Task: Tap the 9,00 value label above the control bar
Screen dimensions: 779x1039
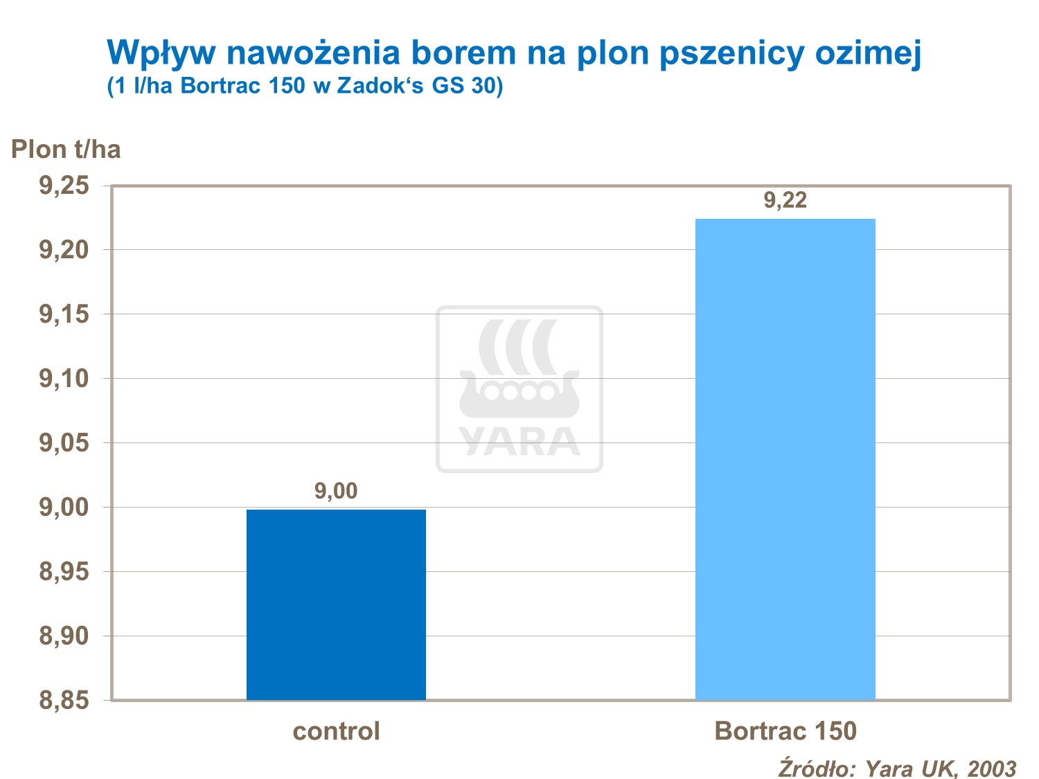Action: [x=336, y=491]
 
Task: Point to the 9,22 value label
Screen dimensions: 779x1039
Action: [x=785, y=200]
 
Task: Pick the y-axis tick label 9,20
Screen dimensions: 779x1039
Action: [x=64, y=250]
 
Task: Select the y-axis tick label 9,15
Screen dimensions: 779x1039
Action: [x=64, y=314]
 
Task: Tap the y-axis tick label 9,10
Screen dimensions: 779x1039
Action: [x=64, y=379]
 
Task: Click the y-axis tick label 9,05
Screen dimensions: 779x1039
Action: [x=64, y=443]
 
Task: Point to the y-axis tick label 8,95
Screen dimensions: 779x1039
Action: [x=64, y=572]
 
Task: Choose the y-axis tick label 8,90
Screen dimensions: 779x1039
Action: [x=64, y=636]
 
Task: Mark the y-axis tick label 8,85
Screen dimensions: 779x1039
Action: [x=64, y=701]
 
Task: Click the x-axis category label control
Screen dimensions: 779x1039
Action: [x=336, y=731]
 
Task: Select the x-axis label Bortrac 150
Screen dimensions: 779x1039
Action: [x=785, y=731]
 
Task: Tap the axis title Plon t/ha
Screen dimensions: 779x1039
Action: [x=66, y=149]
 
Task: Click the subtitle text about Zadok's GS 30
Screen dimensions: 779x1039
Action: [x=305, y=87]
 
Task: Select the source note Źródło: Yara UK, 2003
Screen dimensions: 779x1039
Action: [x=897, y=768]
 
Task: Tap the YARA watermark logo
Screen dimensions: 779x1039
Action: [x=519, y=389]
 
